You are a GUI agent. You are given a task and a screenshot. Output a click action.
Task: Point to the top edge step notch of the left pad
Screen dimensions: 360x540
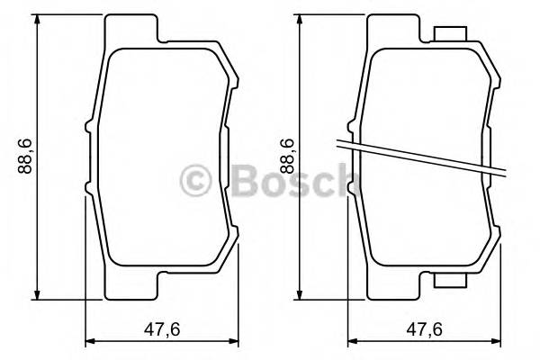click(162, 39)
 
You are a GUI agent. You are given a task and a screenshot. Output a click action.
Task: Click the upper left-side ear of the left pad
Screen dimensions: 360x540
click(87, 127)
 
